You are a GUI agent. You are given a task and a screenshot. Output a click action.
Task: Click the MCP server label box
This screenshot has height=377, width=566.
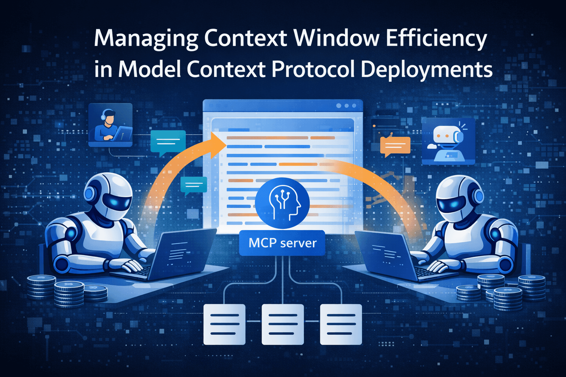[x=282, y=243]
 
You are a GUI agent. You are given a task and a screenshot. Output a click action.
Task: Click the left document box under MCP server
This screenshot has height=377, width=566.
[x=224, y=324]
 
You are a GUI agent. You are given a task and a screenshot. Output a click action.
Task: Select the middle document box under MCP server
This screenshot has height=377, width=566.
[x=283, y=324]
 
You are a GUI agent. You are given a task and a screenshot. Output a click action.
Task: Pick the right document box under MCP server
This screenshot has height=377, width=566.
[x=341, y=324]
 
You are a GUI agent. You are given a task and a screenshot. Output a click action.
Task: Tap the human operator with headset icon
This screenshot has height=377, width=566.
[x=110, y=124]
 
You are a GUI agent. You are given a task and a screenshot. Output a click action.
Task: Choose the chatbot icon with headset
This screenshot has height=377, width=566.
[x=448, y=141]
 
